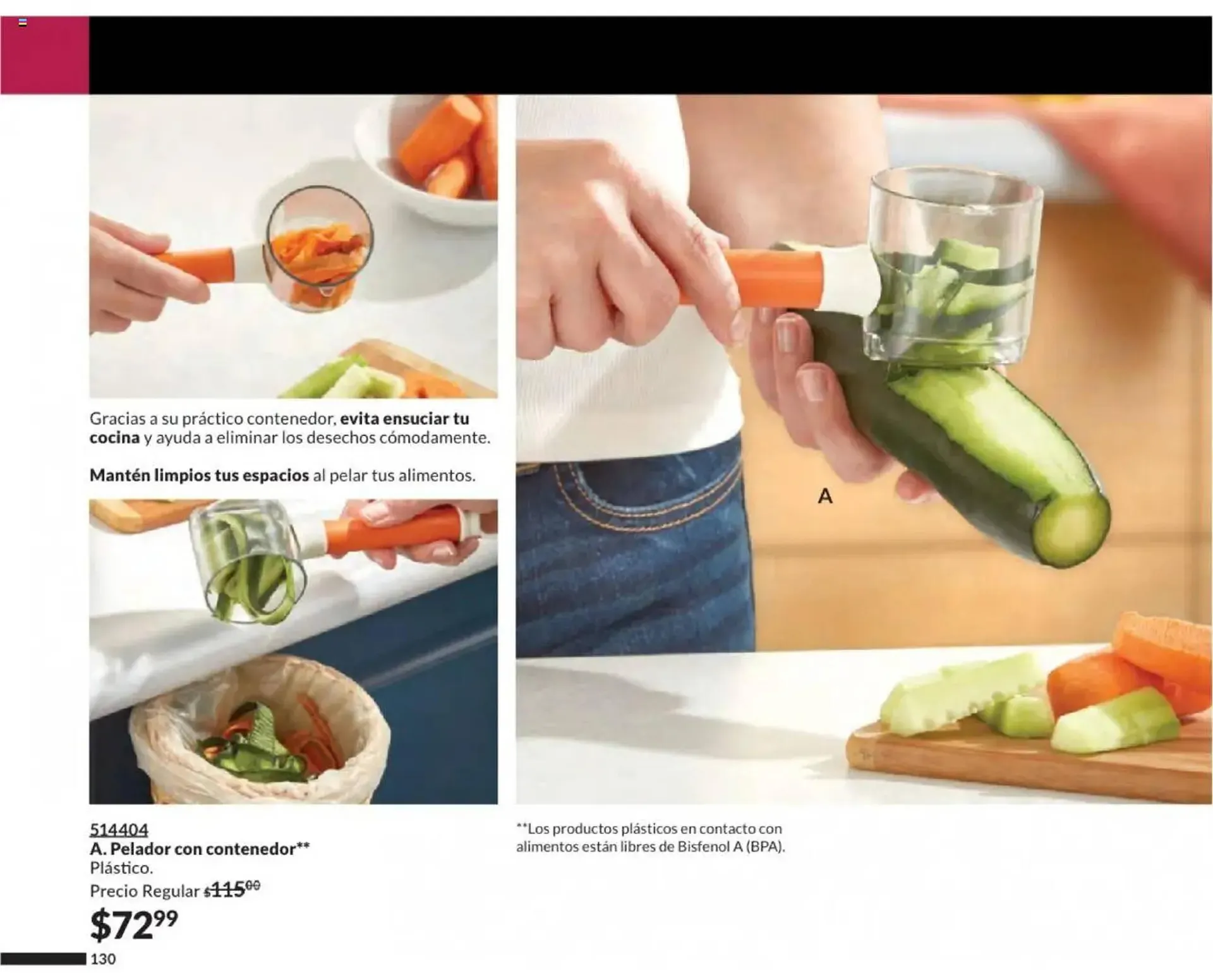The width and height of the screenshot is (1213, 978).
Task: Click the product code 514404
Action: point(119,829)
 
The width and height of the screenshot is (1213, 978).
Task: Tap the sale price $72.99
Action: point(134,925)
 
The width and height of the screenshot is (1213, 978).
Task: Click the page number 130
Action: point(103,959)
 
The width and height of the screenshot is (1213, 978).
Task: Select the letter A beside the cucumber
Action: point(825,496)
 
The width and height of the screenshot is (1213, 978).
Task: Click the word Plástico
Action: point(121,868)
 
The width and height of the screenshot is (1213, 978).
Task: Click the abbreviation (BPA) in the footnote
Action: point(765,847)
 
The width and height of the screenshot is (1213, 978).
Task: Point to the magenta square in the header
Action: point(44,55)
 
